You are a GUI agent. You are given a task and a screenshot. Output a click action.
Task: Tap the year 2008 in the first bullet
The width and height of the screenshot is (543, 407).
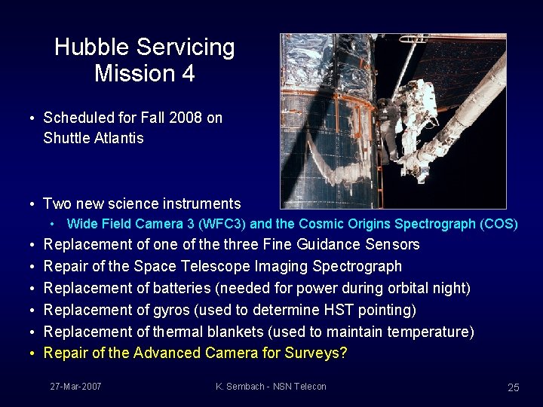click(x=182, y=118)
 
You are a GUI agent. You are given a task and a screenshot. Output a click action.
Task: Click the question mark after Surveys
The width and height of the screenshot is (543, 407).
click(x=343, y=353)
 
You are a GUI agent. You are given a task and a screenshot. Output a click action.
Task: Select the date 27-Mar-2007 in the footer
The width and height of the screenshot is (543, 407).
click(x=75, y=387)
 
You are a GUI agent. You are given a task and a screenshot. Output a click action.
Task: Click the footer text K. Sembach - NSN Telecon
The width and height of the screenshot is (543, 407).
click(x=271, y=387)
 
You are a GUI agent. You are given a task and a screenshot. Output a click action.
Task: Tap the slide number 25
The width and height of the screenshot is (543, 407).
click(x=513, y=387)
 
